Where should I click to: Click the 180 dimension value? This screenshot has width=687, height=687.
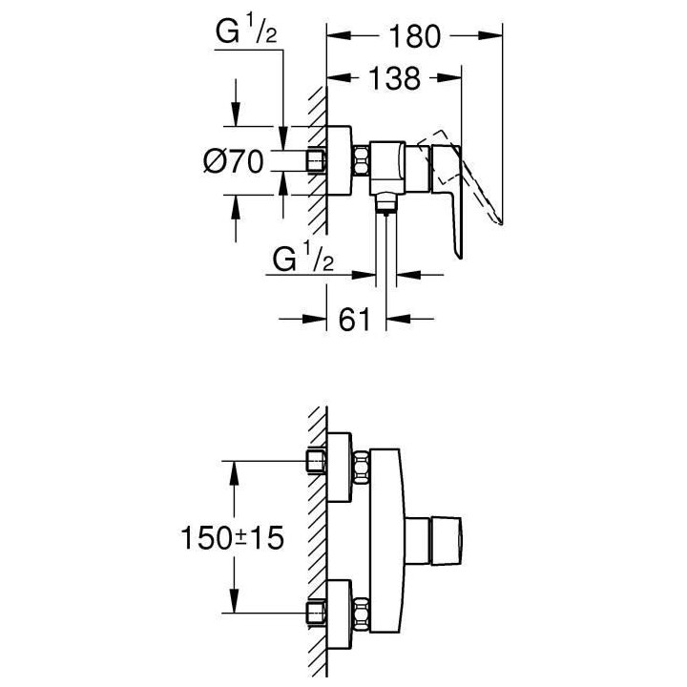point(414,36)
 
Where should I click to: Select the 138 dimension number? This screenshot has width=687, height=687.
point(395,78)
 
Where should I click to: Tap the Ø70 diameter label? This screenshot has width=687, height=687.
point(234,161)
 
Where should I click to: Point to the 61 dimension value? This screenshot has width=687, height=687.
point(354,319)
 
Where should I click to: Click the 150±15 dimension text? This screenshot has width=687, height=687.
point(232,537)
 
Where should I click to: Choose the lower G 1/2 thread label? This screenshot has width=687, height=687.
point(303,259)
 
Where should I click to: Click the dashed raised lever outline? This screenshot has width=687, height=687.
point(460,176)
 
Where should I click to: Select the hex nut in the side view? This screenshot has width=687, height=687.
point(362,161)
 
